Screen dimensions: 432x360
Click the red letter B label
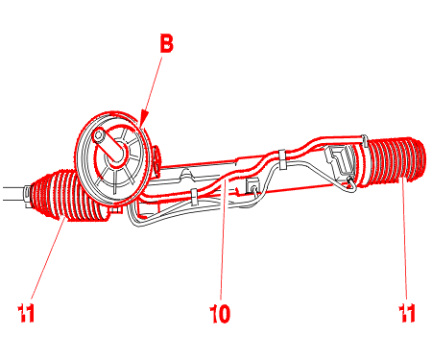[167, 43]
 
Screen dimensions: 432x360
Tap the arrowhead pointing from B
[143, 117]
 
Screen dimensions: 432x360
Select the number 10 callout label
[220, 314]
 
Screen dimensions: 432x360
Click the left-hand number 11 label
[26, 313]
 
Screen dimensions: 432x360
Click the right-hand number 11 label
[407, 313]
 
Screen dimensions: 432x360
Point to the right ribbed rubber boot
[396, 161]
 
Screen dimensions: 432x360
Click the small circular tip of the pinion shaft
[98, 136]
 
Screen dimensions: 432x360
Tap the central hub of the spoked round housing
[117, 155]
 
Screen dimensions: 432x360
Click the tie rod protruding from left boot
[12, 194]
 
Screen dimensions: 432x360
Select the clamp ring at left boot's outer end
[28, 196]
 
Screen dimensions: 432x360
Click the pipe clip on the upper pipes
[282, 158]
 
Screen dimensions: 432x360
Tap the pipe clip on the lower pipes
[194, 197]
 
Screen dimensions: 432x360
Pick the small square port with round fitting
[252, 185]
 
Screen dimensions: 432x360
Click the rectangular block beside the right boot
[340, 160]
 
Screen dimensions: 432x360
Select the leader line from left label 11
[48, 256]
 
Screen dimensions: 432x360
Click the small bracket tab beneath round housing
[117, 210]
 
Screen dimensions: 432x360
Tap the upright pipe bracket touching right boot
[364, 141]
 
